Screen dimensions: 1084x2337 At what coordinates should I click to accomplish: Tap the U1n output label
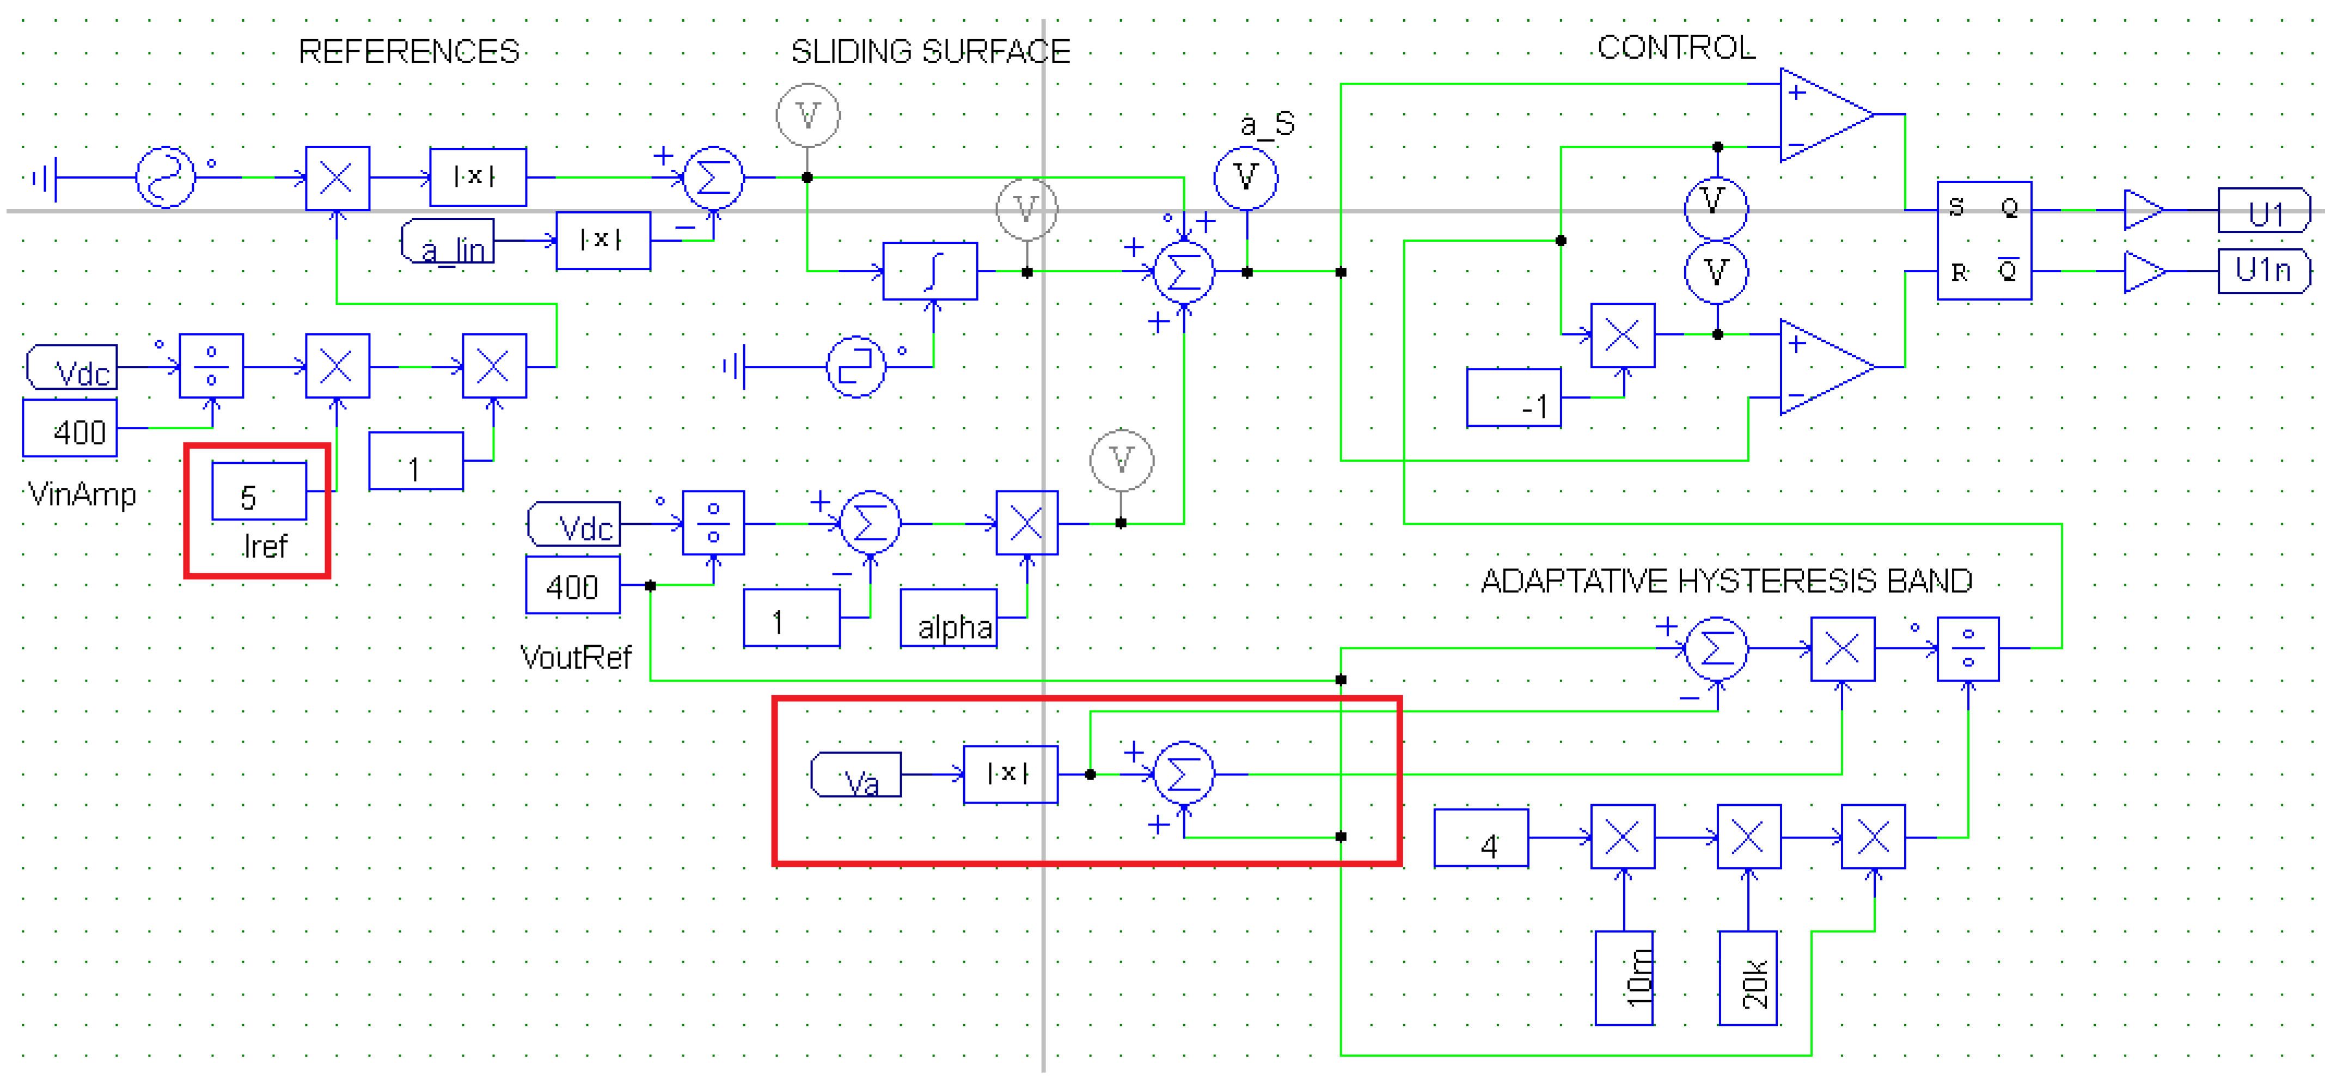pos(2263,271)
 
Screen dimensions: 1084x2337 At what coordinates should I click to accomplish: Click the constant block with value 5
pos(259,492)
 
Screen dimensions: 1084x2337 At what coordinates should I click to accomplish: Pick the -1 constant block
pos(1513,397)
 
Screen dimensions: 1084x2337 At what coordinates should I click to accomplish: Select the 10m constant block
pos(1624,978)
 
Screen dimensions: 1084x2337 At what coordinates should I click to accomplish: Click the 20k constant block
pos(1747,978)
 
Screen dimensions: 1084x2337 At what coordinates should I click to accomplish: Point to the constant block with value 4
pos(1480,838)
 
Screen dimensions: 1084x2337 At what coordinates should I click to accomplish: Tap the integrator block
pos(930,271)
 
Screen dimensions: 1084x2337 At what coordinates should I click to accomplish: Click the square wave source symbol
pos(855,366)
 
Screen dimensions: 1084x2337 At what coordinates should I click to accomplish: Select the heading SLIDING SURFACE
pos(930,52)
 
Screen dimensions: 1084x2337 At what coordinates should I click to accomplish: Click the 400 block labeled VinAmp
pos(71,428)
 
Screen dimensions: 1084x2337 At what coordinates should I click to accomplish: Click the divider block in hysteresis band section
pos(1968,648)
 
